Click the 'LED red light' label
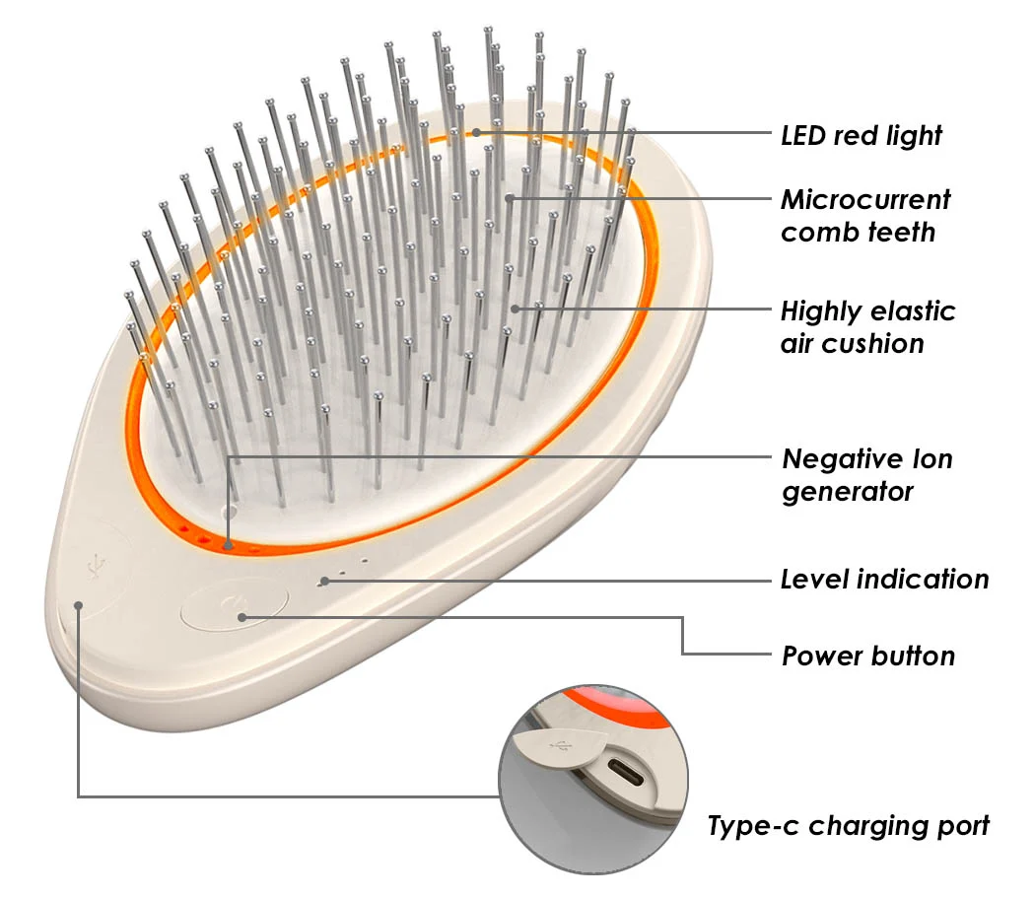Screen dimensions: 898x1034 [861, 135]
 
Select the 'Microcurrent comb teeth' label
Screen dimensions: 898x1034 [864, 216]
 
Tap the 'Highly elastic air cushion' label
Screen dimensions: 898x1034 [867, 327]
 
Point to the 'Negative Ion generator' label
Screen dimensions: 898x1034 [866, 475]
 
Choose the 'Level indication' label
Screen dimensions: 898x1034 [884, 579]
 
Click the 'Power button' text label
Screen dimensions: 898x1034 [867, 656]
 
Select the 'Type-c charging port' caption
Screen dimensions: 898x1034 [848, 826]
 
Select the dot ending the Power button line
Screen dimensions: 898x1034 [242, 617]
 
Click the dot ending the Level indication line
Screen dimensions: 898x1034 [325, 581]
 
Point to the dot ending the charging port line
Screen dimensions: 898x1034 [78, 604]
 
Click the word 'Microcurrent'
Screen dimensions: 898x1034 [865, 200]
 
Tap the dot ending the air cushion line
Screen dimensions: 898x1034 [515, 308]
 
